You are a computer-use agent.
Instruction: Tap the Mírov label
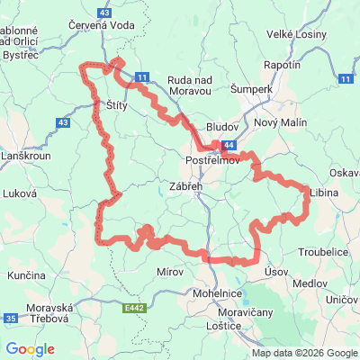coord(170,271)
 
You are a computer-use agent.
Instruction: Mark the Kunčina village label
coord(26,274)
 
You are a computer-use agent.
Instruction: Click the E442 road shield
coord(135,308)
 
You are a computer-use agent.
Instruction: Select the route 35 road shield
coord(11,318)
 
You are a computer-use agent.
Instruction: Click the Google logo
coord(30,349)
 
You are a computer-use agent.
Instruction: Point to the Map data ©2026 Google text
coord(305,353)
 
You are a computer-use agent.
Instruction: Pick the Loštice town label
coord(223,325)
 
